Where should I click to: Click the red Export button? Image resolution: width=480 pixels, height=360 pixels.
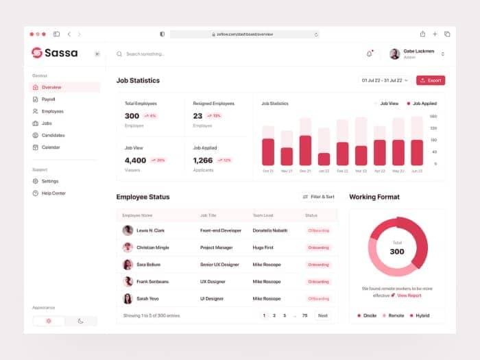pyautogui.click(x=431, y=80)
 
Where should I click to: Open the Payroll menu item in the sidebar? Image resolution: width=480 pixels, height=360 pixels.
pyautogui.click(x=48, y=99)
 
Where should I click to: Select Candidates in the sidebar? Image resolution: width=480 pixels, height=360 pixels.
pyautogui.click(x=53, y=135)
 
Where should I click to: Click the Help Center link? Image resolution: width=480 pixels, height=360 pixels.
pyautogui.click(x=53, y=193)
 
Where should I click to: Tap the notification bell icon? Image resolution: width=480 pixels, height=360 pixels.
pyautogui.click(x=370, y=53)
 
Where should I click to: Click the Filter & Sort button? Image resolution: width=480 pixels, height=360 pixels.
pyautogui.click(x=319, y=197)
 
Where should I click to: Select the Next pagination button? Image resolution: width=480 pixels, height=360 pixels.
pyautogui.click(x=322, y=315)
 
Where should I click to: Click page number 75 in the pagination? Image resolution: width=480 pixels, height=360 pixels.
pyautogui.click(x=304, y=315)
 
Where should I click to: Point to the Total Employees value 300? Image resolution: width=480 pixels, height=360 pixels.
pyautogui.click(x=132, y=116)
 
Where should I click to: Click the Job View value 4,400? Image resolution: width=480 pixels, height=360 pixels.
pyautogui.click(x=135, y=160)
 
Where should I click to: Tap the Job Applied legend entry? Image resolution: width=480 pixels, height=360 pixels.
pyautogui.click(x=422, y=104)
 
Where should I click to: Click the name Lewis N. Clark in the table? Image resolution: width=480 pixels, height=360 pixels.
pyautogui.click(x=150, y=230)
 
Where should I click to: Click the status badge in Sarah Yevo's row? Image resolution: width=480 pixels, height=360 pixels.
pyautogui.click(x=319, y=298)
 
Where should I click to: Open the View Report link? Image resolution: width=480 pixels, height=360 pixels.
pyautogui.click(x=409, y=295)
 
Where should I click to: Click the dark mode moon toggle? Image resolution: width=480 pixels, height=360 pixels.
pyautogui.click(x=81, y=321)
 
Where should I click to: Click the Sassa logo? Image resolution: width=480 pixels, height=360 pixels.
pyautogui.click(x=55, y=53)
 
